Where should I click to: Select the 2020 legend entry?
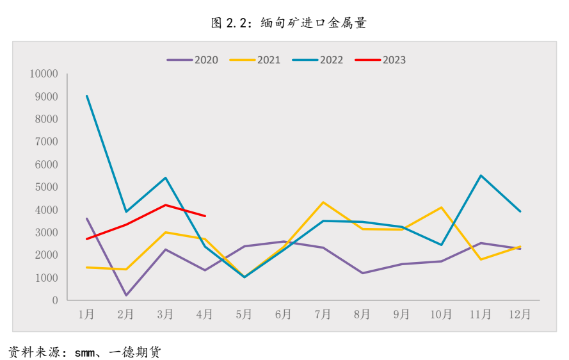(x=193, y=60)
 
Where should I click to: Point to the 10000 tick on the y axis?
(x=44, y=74)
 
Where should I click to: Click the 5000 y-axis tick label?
(x=47, y=187)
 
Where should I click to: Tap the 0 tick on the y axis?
(x=55, y=300)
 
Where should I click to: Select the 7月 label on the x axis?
(x=323, y=315)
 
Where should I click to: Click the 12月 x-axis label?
(x=519, y=315)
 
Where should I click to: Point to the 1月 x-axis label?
(x=86, y=315)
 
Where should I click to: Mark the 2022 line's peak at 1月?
(x=86, y=96)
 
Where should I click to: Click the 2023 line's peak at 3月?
(x=166, y=205)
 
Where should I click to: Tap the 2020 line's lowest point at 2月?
(x=126, y=295)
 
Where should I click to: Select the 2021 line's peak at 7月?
(x=323, y=202)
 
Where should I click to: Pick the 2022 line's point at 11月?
(x=481, y=176)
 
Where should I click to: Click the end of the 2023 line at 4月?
(x=205, y=216)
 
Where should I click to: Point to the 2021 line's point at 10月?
(x=442, y=208)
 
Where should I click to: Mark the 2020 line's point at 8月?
(x=362, y=273)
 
